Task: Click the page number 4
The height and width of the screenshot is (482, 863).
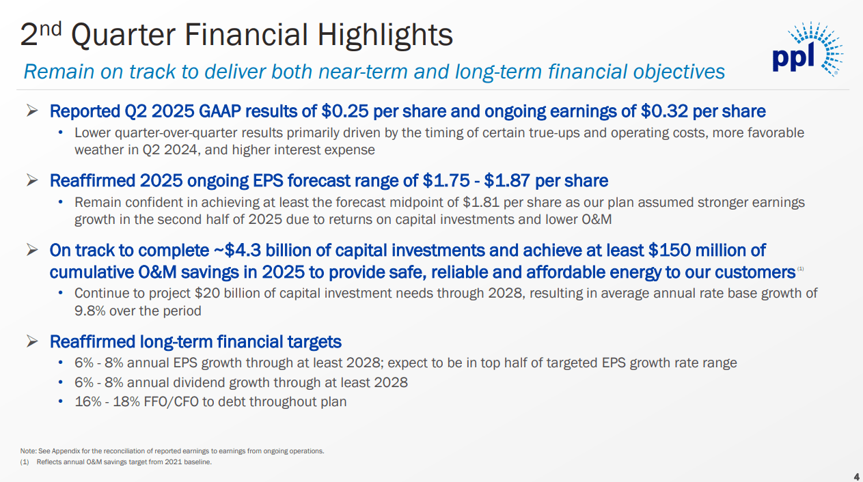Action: click(857, 476)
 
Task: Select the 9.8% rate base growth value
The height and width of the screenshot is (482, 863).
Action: click(87, 311)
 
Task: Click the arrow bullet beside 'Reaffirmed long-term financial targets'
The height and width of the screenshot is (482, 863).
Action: click(32, 341)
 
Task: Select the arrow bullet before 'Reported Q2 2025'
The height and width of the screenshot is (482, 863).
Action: click(32, 111)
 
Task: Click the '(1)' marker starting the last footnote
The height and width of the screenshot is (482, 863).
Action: click(25, 462)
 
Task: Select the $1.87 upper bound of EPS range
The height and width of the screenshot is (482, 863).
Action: click(508, 181)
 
